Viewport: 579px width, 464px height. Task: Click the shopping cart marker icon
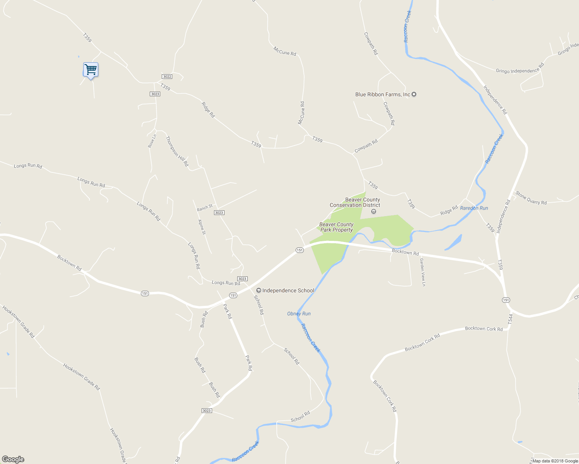coord(91,70)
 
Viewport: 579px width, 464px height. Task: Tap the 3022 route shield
coord(167,77)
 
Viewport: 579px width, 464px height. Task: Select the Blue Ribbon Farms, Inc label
coord(382,94)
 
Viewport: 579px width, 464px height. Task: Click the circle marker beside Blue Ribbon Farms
coord(414,94)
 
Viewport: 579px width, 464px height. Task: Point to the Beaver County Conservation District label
coord(355,202)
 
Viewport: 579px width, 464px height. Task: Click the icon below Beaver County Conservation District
coord(373,211)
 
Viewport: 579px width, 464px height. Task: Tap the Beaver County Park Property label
coord(336,227)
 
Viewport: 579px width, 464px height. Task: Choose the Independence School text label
coord(288,290)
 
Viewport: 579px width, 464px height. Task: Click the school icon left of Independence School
coord(259,290)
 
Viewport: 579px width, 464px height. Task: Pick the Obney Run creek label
coord(299,314)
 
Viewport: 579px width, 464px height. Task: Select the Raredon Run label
coord(474,208)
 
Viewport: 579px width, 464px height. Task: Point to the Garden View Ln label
coord(423,272)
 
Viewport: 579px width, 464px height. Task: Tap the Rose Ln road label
coord(152,141)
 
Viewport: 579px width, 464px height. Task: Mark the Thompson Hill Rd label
coord(177,151)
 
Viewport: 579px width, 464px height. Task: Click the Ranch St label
coord(204,208)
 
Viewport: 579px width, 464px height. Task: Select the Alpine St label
coord(202,227)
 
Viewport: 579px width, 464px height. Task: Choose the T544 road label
coord(510,319)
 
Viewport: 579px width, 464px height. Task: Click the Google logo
coord(13,459)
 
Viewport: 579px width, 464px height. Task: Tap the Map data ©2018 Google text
coord(555,461)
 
